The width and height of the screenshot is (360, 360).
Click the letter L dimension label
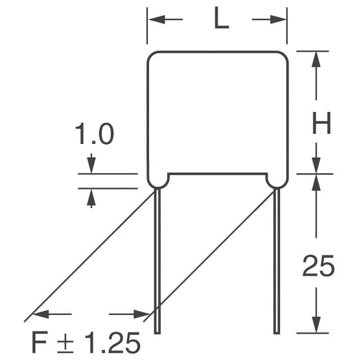pyautogui.click(x=221, y=18)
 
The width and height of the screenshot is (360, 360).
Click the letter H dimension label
pyautogui.click(x=321, y=123)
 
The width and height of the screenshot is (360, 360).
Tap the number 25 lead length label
pyautogui.click(x=318, y=265)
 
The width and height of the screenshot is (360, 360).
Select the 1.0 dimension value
pyautogui.click(x=94, y=134)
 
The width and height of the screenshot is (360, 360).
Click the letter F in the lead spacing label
pyautogui.click(x=40, y=342)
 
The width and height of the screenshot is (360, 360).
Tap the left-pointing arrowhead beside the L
pyautogui.click(x=156, y=20)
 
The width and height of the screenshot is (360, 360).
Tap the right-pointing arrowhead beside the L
pyautogui.click(x=278, y=20)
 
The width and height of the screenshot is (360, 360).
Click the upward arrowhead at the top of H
pyautogui.click(x=316, y=59)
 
